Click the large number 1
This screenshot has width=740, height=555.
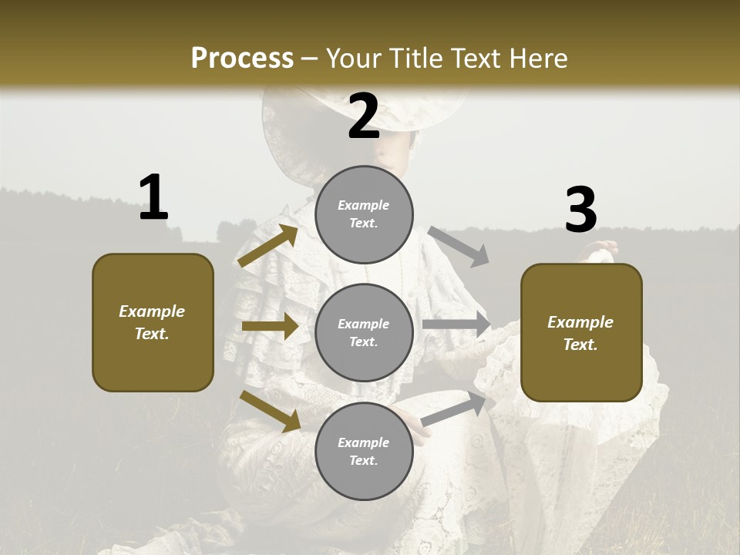[153, 198]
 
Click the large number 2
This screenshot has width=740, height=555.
[363, 116]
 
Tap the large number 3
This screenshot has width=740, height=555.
[580, 210]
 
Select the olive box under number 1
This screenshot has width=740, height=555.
[153, 322]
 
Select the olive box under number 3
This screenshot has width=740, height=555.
[581, 333]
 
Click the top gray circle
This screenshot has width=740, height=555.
[364, 214]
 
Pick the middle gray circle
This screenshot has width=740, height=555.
[364, 332]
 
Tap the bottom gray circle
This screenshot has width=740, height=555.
[364, 451]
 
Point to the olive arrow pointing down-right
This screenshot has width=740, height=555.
[270, 411]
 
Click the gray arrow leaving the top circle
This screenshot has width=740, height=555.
[459, 247]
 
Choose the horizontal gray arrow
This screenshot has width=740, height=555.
[456, 325]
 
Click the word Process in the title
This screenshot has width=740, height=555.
[242, 58]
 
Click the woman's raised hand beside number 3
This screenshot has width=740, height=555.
[603, 251]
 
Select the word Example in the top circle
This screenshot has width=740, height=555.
[364, 205]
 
